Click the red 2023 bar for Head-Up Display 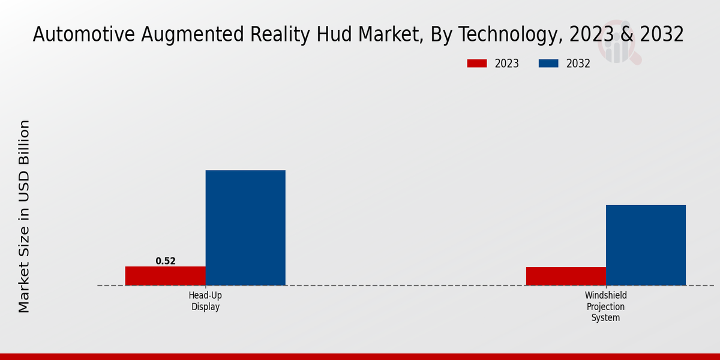pos(165,275)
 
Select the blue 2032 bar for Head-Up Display pos(245,227)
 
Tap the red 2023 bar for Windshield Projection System pos(566,276)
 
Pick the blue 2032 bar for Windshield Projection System pos(646,245)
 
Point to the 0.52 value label pos(166,261)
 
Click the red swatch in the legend pos(477,64)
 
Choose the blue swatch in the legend pos(548,64)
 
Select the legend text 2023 pos(507,64)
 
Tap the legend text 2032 pos(578,64)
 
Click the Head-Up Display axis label pos(205,301)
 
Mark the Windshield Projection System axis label pos(605,307)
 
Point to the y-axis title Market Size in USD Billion pos(24,216)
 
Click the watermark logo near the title pos(618,45)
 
